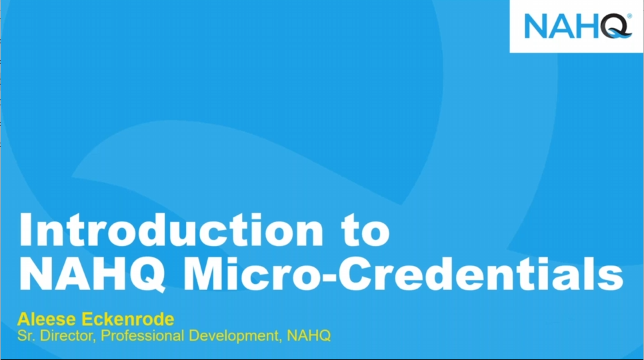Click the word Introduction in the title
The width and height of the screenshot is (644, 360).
(171, 229)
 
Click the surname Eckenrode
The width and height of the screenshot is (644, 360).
(128, 319)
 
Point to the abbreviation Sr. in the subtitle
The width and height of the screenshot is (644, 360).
(26, 336)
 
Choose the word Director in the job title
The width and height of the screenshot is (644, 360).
(68, 336)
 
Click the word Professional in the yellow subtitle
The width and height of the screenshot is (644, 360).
(142, 336)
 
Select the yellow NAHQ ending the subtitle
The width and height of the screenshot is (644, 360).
(309, 336)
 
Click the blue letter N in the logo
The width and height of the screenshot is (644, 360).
(537, 26)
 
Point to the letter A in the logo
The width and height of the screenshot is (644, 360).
(561, 26)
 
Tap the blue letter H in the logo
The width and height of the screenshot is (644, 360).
(587, 26)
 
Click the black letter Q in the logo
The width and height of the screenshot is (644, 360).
(615, 26)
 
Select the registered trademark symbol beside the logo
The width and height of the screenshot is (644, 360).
(629, 17)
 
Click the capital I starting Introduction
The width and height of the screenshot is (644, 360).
(25, 230)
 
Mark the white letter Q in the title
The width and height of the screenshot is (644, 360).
(146, 275)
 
